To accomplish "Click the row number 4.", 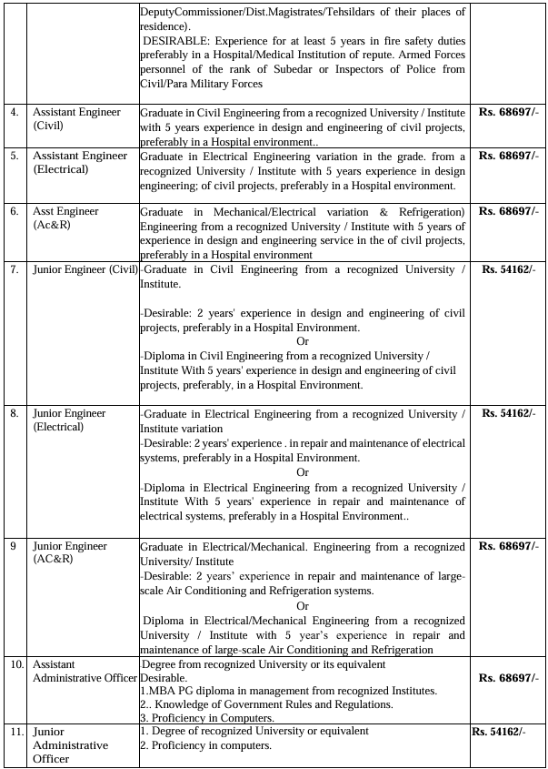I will pyautogui.click(x=14, y=112).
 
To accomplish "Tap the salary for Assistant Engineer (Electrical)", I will pyautogui.click(x=508, y=156).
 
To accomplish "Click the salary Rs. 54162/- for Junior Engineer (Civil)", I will pyautogui.click(x=510, y=269).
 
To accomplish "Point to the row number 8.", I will pyautogui.click(x=14, y=413).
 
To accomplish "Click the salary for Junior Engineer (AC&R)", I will pyautogui.click(x=508, y=546).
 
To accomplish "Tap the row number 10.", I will pyautogui.click(x=16, y=664).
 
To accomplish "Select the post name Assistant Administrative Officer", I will pyautogui.click(x=85, y=672).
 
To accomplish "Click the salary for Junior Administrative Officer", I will pyautogui.click(x=497, y=732).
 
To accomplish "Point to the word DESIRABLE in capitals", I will pyautogui.click(x=178, y=41).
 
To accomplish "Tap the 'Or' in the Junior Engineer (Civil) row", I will pyautogui.click(x=303, y=341).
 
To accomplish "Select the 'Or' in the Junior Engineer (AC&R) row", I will pyautogui.click(x=303, y=606).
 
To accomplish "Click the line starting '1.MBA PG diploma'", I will pyautogui.click(x=288, y=691).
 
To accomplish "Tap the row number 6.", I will pyautogui.click(x=14, y=211).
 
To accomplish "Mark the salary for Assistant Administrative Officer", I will pyautogui.click(x=508, y=678).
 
